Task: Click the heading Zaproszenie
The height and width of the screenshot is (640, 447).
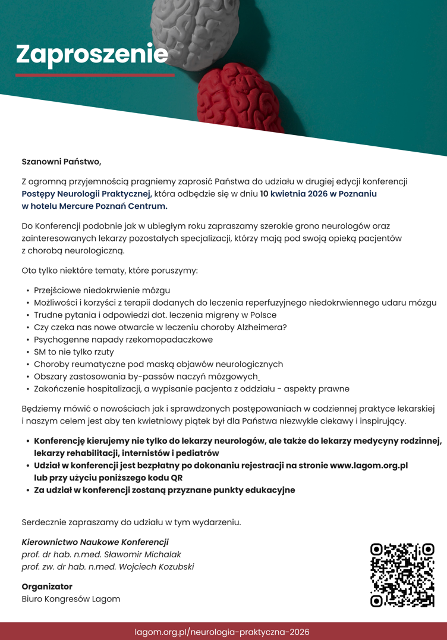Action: coord(92,54)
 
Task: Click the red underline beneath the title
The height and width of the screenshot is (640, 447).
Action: coord(95,76)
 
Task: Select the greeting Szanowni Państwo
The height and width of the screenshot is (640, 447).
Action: coord(61,161)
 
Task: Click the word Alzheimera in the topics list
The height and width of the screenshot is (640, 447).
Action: coord(262,327)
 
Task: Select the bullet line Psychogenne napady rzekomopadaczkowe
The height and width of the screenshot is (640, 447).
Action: coord(123,340)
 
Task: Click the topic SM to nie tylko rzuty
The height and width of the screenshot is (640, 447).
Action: coord(74,352)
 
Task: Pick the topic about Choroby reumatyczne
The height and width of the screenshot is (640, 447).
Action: coord(158,364)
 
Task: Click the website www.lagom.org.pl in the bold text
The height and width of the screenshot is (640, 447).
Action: coord(369,465)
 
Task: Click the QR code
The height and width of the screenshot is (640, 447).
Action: coord(402,575)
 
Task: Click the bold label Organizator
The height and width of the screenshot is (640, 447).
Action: coord(47,586)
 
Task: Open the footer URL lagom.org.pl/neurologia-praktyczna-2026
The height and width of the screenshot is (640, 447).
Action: coord(222,632)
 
